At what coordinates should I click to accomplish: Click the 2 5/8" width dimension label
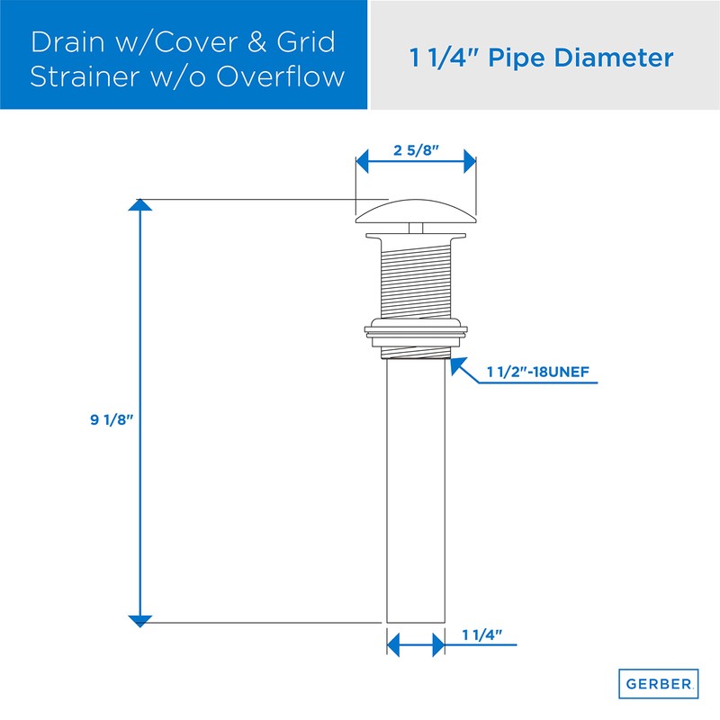point(416,150)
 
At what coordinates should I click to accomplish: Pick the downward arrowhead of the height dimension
point(139,618)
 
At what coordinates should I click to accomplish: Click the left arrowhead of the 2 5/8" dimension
point(363,163)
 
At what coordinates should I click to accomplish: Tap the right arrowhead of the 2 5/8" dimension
point(469,163)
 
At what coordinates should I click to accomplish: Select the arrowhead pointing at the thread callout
point(455,364)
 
